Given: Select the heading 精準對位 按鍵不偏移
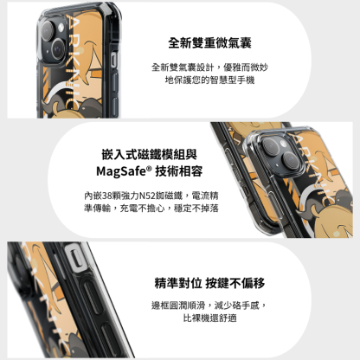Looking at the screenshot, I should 209,283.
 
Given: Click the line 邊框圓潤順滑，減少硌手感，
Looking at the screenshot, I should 209,305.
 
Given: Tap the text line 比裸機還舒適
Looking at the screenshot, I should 209,318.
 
